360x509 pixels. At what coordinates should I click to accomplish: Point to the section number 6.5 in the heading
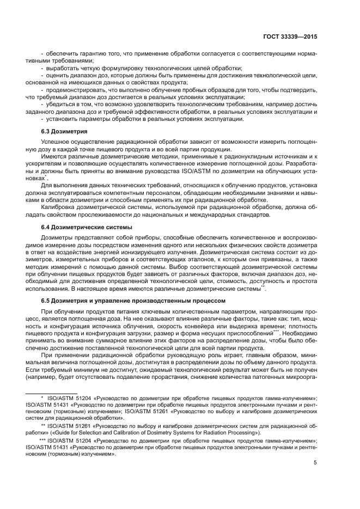click(46, 301)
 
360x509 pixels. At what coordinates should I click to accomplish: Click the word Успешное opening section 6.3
click(56, 142)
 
